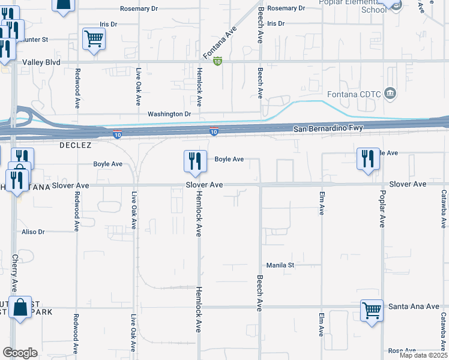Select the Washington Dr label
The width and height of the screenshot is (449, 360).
point(169,113)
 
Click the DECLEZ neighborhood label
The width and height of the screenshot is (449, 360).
point(74,145)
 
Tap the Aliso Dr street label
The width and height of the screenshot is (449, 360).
point(33,232)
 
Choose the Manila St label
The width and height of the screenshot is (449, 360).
point(279,265)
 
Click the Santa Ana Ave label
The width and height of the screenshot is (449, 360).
point(414,306)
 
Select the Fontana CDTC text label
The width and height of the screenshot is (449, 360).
point(354,94)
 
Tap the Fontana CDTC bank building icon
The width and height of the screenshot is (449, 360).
point(390,93)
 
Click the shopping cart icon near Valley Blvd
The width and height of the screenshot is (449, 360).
point(94,39)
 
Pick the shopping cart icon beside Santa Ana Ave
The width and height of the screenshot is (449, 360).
point(372,310)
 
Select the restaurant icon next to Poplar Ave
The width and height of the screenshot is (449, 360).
point(368,158)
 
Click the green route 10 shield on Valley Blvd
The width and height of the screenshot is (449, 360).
point(218,61)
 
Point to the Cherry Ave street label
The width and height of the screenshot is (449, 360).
point(14,272)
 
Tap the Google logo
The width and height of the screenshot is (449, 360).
point(20,353)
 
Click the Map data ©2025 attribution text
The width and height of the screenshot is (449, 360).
point(423,355)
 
